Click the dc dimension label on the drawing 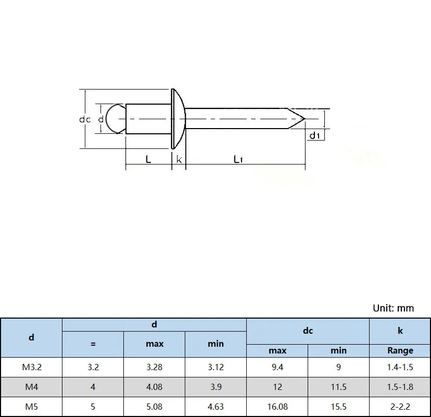(x=85, y=119)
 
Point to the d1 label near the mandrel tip (x=314, y=136)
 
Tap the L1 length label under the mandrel (x=238, y=159)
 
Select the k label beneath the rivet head (x=179, y=159)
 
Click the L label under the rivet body (x=148, y=159)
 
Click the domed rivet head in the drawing (x=178, y=119)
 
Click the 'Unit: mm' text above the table (x=393, y=308)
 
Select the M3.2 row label (x=31, y=367)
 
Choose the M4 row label (x=31, y=387)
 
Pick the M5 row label (x=31, y=407)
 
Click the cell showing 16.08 (x=277, y=407)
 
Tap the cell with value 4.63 (x=215, y=407)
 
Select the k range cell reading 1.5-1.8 (x=400, y=387)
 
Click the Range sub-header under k (x=400, y=350)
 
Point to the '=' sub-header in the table (x=93, y=344)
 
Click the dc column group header (x=308, y=331)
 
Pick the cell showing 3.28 (x=155, y=367)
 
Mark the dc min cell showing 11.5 (x=338, y=387)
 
